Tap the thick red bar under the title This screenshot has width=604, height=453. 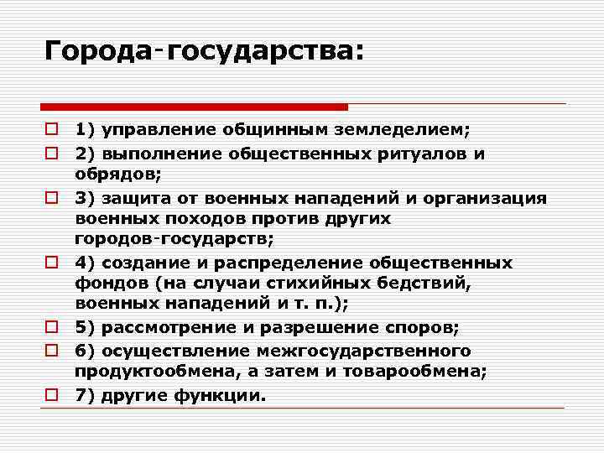pyautogui.click(x=194, y=107)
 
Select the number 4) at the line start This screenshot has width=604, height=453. pyautogui.click(x=84, y=263)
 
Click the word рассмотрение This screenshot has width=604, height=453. pyautogui.click(x=164, y=328)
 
